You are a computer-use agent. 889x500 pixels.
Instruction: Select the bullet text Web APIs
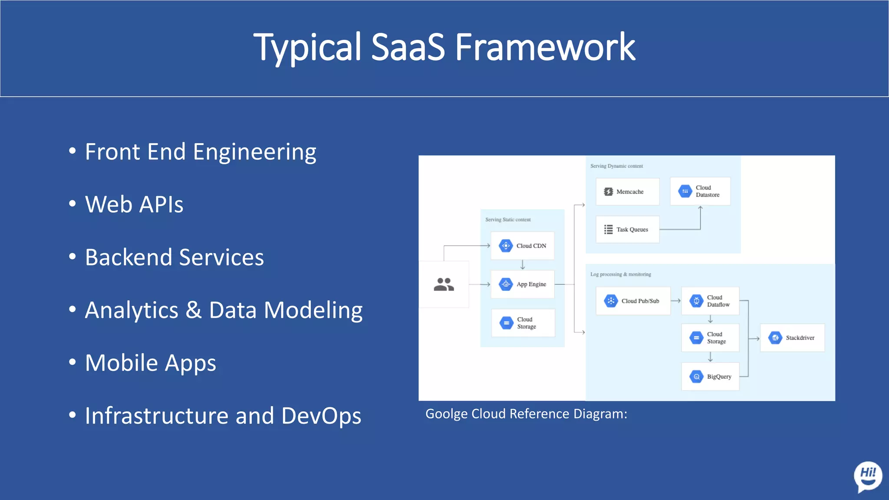pyautogui.click(x=134, y=204)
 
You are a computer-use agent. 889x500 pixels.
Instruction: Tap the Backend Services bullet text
pyautogui.click(x=174, y=257)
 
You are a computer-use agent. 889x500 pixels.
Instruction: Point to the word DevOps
pyautogui.click(x=321, y=416)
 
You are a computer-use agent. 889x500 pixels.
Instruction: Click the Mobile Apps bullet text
pyautogui.click(x=150, y=363)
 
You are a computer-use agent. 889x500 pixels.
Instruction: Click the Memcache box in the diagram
pyautogui.click(x=627, y=191)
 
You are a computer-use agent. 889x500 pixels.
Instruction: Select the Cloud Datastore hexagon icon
pyautogui.click(x=685, y=191)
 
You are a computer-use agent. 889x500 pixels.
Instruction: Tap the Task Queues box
pyautogui.click(x=627, y=229)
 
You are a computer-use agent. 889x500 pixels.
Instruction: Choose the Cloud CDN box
pyautogui.click(x=523, y=246)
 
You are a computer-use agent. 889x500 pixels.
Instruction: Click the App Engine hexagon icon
pyautogui.click(x=506, y=284)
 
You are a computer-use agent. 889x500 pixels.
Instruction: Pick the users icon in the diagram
pyautogui.click(x=444, y=284)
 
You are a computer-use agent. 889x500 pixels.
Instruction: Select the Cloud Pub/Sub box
pyautogui.click(x=633, y=301)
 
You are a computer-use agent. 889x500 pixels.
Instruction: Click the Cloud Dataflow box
pyautogui.click(x=710, y=301)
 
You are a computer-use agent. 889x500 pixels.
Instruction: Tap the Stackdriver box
pyautogui.click(x=792, y=338)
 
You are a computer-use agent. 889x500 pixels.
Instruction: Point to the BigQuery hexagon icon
pyautogui.click(x=696, y=377)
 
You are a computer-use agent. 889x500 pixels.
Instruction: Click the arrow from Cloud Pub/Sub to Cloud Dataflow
pyautogui.click(x=676, y=301)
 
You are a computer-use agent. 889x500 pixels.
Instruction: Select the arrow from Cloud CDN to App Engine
pyautogui.click(x=523, y=265)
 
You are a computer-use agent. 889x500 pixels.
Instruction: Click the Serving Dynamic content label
pyautogui.click(x=616, y=166)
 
